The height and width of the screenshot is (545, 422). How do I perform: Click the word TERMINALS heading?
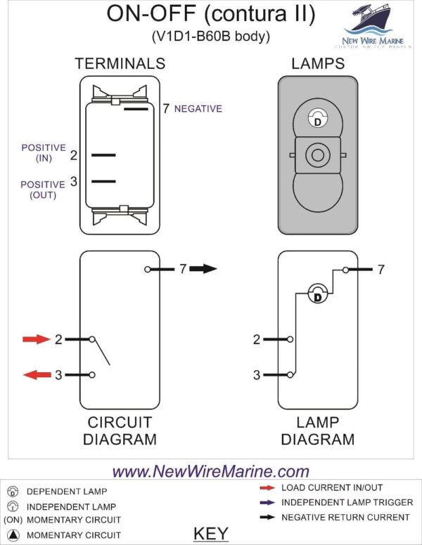pos(120,64)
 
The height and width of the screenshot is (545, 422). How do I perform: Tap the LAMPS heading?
pos(318,64)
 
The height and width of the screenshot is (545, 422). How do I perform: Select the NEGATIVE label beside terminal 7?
pos(198,109)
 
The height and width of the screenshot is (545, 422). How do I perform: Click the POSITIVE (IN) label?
pos(44,153)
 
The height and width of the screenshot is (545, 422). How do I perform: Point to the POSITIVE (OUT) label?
pos(44,190)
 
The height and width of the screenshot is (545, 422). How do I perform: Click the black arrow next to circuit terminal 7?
pos(205,269)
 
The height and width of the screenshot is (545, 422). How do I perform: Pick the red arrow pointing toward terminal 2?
pos(37,339)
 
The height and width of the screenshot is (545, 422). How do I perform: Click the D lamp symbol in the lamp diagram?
pos(317,295)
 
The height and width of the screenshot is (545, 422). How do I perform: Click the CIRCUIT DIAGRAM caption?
pos(120,431)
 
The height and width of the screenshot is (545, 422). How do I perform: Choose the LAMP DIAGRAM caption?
pos(318,431)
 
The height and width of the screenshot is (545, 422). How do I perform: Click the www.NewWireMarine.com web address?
pos(211,471)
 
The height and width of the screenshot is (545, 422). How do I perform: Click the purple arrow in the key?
pos(268,502)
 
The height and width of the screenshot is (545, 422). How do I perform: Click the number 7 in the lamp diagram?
pos(381,270)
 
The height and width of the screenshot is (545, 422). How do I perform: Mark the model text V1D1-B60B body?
pos(211,35)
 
